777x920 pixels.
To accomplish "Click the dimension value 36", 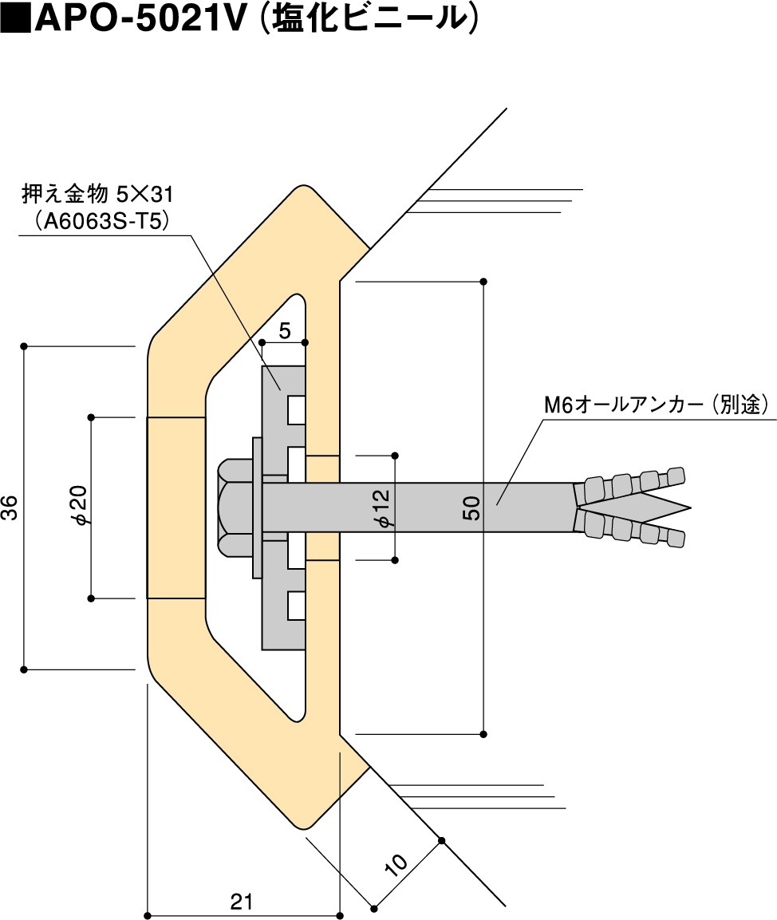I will pyautogui.click(x=10, y=508).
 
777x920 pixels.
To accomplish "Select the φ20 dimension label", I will pyautogui.click(x=80, y=507).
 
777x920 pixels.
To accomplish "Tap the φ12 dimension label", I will pyautogui.click(x=384, y=508).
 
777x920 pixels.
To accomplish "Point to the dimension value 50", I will pyautogui.click(x=471, y=508).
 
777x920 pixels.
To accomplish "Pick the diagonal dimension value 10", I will pyautogui.click(x=396, y=863).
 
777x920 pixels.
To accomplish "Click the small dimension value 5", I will pyautogui.click(x=285, y=329).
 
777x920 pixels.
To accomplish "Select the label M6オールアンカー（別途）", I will pyautogui.click(x=655, y=405).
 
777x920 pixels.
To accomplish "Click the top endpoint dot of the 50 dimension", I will pyautogui.click(x=484, y=282).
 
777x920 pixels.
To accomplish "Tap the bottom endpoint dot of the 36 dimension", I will pyautogui.click(x=24, y=669).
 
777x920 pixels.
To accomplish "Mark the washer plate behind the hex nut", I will pyautogui.click(x=257, y=508).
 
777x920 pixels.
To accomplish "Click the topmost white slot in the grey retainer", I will pyautogui.click(x=296, y=409).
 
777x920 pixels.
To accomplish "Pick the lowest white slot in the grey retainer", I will pyautogui.click(x=296, y=606).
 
